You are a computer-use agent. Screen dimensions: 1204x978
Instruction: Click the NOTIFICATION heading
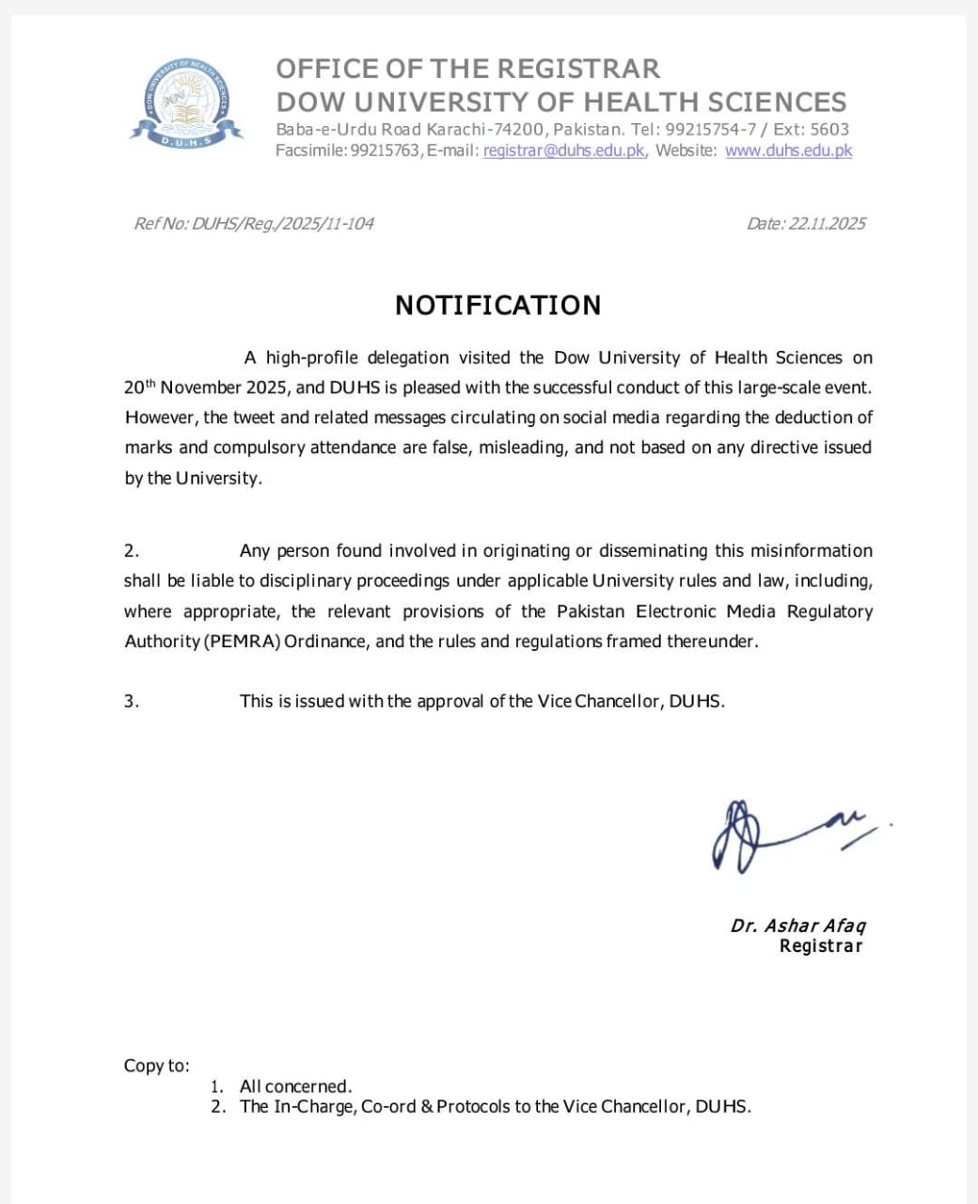tap(497, 306)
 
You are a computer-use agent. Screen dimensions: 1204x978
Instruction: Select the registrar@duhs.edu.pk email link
tap(563, 150)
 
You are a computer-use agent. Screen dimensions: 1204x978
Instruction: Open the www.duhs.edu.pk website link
tap(788, 150)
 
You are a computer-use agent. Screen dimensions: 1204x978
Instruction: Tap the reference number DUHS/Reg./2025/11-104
tap(282, 224)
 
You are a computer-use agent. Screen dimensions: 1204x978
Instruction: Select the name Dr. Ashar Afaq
tap(797, 926)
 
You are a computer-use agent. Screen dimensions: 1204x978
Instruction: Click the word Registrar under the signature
tap(820, 946)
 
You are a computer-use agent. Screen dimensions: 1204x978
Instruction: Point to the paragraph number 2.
tap(132, 551)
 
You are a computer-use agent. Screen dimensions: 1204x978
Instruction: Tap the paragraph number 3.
tap(132, 702)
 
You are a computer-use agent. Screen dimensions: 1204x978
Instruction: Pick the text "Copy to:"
tap(156, 1066)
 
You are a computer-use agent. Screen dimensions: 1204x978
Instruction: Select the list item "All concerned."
tap(295, 1086)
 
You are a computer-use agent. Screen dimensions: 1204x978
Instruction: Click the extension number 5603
tap(829, 130)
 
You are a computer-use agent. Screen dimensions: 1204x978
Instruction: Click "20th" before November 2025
tap(138, 387)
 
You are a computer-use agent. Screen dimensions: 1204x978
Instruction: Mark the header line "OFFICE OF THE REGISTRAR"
tap(467, 69)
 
